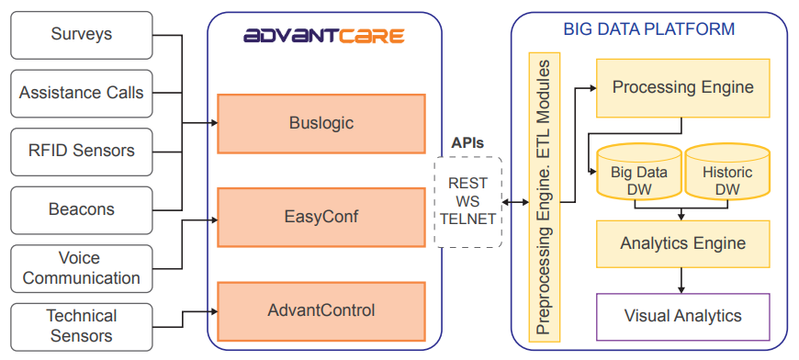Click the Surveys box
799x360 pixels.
click(82, 35)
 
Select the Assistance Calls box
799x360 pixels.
click(82, 93)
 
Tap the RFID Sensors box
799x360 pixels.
click(82, 152)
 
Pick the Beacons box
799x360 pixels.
click(82, 209)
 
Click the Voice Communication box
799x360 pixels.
click(82, 268)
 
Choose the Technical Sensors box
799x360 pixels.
click(82, 326)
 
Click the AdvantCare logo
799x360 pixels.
click(324, 36)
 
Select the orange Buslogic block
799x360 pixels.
click(321, 123)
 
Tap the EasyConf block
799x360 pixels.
click(321, 218)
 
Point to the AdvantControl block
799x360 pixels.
click(321, 311)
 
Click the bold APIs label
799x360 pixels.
click(467, 143)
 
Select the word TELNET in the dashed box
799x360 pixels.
click(468, 219)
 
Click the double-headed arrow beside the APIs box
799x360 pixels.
click(515, 202)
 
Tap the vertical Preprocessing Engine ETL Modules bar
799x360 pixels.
click(545, 197)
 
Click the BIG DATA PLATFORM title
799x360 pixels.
click(648, 28)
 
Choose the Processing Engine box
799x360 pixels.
click(682, 87)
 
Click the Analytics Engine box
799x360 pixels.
click(682, 244)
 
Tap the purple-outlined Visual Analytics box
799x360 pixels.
click(682, 317)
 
